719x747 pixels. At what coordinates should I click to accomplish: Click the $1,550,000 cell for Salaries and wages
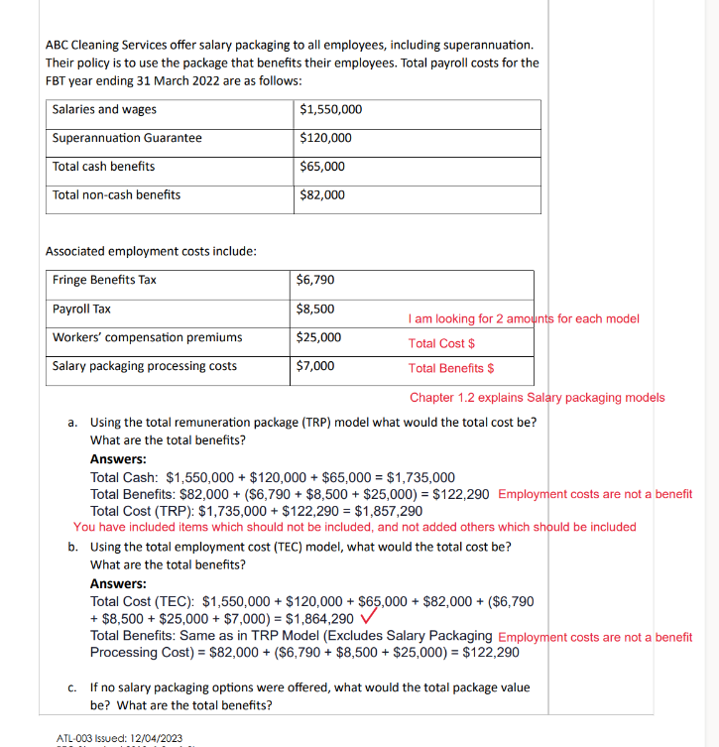coord(330,110)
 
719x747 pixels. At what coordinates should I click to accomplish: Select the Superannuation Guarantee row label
coord(127,138)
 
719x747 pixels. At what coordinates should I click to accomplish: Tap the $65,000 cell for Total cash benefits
coord(322,167)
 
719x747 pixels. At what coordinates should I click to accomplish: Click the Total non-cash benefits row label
coord(116,194)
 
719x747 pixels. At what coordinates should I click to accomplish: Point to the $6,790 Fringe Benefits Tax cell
coord(315,280)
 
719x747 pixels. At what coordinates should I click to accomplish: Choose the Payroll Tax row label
coord(81,309)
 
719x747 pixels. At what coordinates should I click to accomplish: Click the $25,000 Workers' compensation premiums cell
coord(318,337)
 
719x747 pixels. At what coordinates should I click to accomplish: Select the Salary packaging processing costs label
coord(145,366)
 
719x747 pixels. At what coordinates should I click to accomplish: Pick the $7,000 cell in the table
coord(315,366)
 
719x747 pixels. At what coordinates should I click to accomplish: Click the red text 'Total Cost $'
coord(441,343)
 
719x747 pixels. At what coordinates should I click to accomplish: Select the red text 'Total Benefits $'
coord(451,368)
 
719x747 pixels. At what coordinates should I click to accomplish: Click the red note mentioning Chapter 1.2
coord(537,398)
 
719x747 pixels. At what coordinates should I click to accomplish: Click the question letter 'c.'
coord(74,686)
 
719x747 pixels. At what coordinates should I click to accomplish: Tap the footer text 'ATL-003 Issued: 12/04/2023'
coord(120,738)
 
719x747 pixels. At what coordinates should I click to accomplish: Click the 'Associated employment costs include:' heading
coord(152,251)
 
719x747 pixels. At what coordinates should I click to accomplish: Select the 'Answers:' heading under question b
coord(118,583)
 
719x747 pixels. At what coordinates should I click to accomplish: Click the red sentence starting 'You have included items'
coord(354,527)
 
